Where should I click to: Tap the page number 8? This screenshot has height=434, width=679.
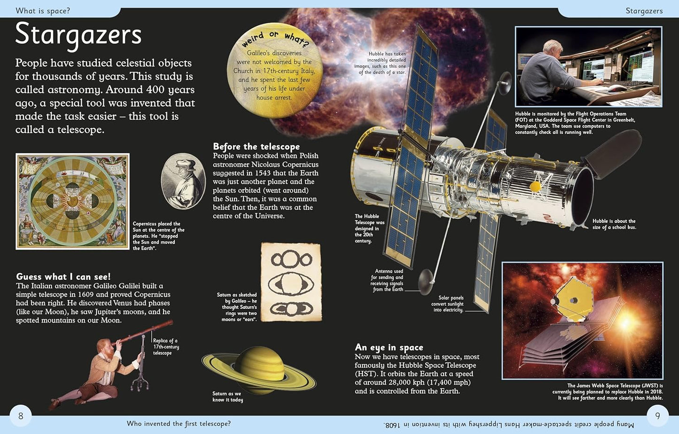pyautogui.click(x=21, y=416)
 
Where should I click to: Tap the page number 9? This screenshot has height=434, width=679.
pyautogui.click(x=658, y=416)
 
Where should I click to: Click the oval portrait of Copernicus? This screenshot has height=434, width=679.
pyautogui.click(x=183, y=181)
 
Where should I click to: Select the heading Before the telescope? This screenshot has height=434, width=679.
pyautogui.click(x=256, y=146)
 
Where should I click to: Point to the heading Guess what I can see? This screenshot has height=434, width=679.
pyautogui.click(x=63, y=276)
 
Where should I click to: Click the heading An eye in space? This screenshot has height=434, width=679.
pyautogui.click(x=389, y=347)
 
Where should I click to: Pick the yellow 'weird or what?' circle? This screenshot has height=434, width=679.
pyautogui.click(x=274, y=69)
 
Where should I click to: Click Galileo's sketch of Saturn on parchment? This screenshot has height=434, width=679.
pyautogui.click(x=291, y=282)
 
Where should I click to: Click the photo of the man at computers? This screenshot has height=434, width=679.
pyautogui.click(x=588, y=67)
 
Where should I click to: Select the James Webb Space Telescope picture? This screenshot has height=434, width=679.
pyautogui.click(x=582, y=320)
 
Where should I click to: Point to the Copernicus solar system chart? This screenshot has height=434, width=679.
pyautogui.click(x=72, y=201)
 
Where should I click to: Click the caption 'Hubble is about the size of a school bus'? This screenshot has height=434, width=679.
pyautogui.click(x=614, y=224)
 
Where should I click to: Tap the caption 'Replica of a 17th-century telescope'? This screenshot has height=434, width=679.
pyautogui.click(x=165, y=347)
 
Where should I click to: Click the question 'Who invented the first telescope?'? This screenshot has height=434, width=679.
pyautogui.click(x=179, y=424)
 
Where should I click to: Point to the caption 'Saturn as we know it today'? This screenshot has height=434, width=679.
pyautogui.click(x=227, y=397)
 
